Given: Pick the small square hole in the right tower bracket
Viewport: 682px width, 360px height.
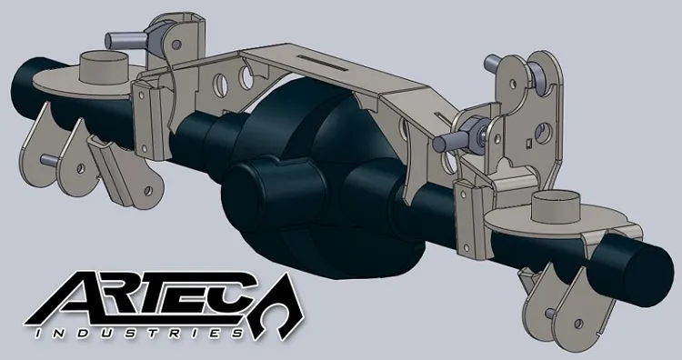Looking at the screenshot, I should [x=530, y=142].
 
